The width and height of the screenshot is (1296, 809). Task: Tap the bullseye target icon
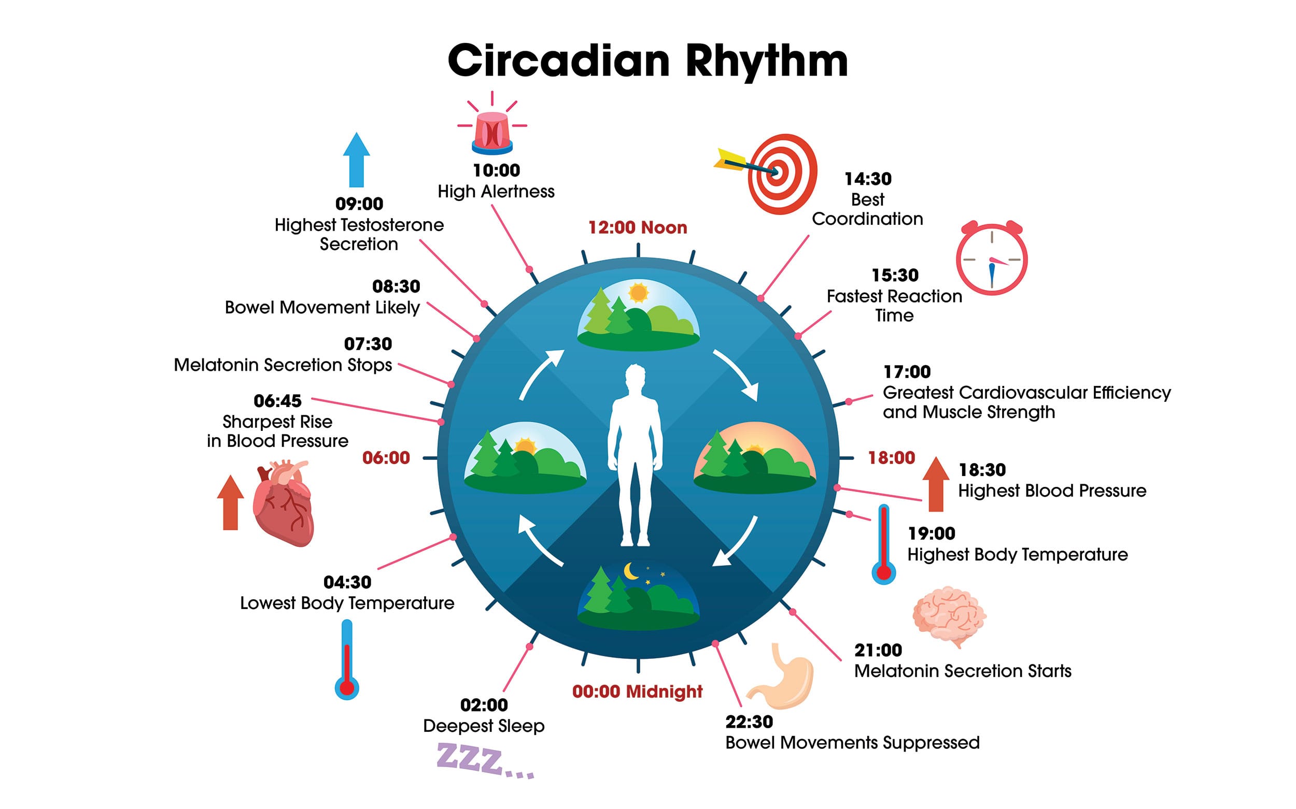766,174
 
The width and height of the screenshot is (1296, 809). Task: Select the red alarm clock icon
992,257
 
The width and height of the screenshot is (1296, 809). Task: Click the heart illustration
283,503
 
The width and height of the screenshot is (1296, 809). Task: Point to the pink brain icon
950,616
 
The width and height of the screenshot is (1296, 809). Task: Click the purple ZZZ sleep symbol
485,760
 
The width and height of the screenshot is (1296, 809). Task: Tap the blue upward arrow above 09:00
356,160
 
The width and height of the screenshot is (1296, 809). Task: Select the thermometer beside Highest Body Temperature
884,544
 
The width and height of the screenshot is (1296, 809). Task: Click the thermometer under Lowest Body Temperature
346,659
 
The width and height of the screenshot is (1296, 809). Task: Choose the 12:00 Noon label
637,227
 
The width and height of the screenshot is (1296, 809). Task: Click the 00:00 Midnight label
637,691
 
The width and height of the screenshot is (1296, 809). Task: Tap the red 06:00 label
386,457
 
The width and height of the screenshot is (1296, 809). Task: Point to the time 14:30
868,178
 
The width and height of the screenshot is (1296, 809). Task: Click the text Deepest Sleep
484,726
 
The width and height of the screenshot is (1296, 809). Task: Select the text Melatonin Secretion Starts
962,670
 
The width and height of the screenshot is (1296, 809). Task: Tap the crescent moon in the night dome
631,571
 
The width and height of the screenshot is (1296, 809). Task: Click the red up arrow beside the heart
230,502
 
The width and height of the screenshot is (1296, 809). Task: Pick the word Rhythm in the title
766,62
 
